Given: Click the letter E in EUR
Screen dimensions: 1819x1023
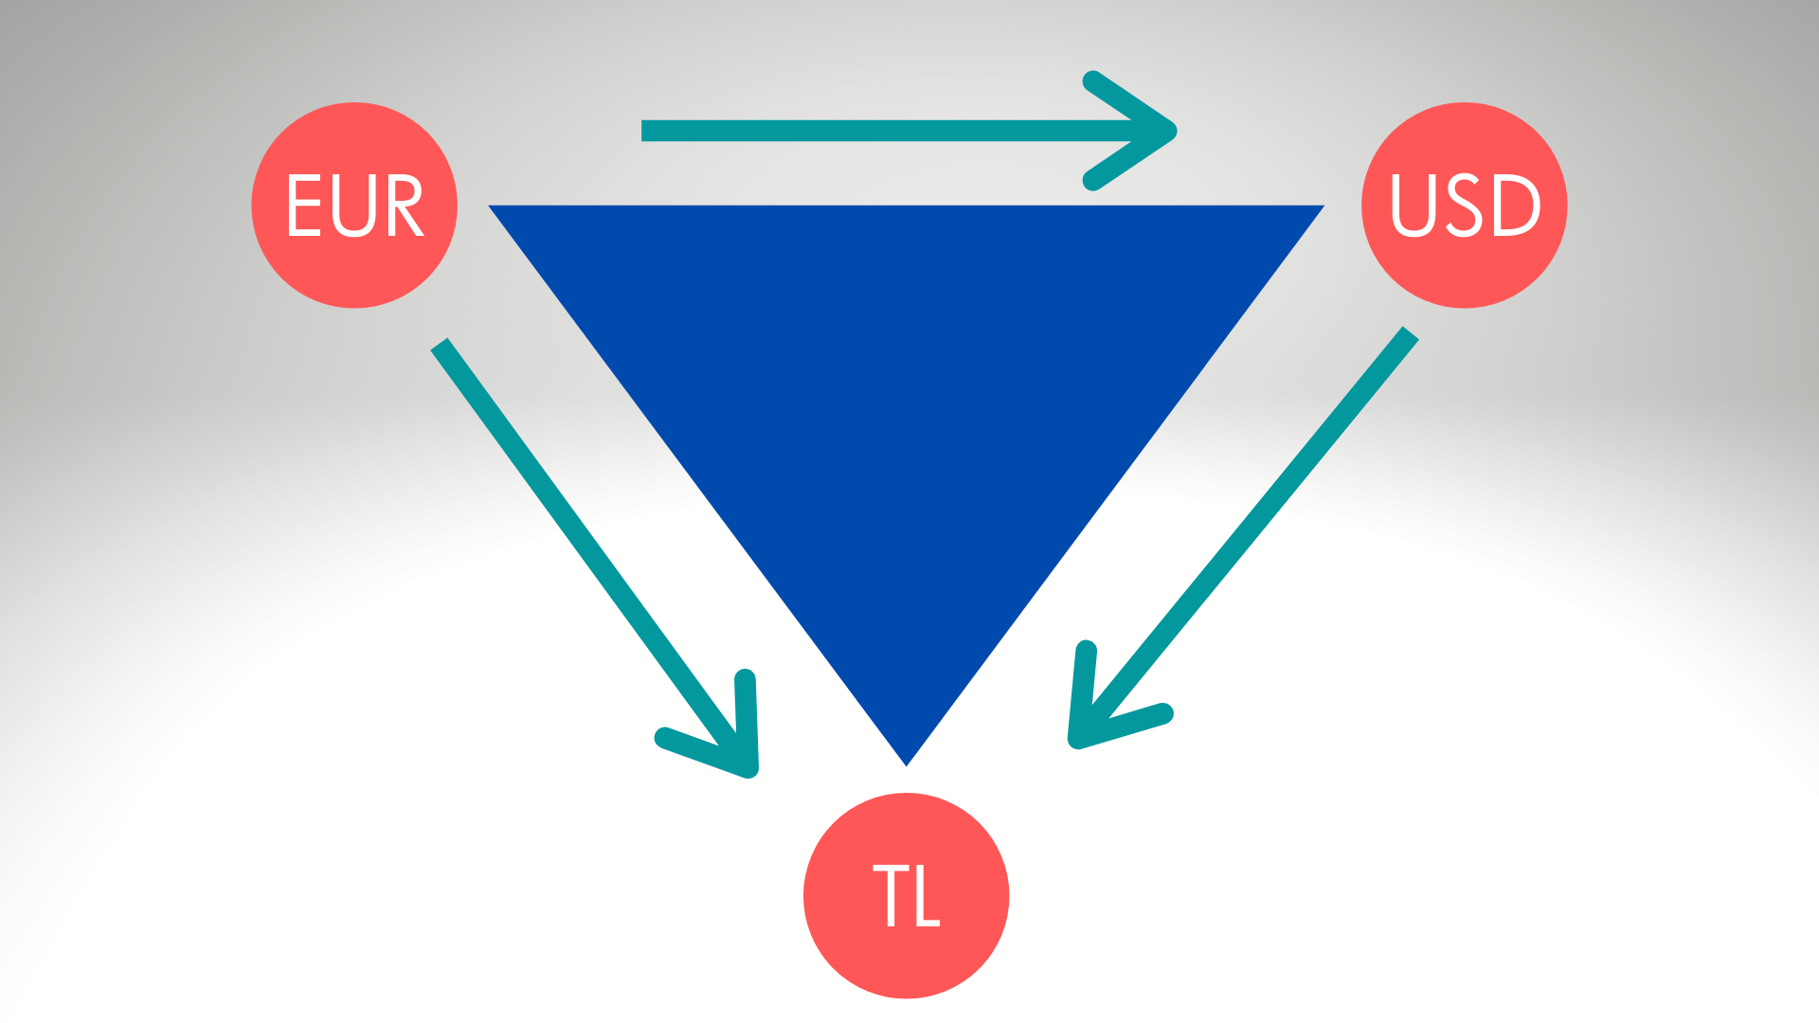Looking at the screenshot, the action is (304, 205).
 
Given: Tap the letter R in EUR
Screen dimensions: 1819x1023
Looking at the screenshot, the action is (405, 205).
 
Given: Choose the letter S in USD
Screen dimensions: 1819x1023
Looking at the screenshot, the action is (1463, 205).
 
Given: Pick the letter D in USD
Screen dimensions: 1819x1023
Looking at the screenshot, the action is (1514, 205).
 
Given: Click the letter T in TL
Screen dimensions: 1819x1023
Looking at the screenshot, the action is (891, 895).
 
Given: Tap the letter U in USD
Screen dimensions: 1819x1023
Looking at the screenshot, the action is (1411, 205).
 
